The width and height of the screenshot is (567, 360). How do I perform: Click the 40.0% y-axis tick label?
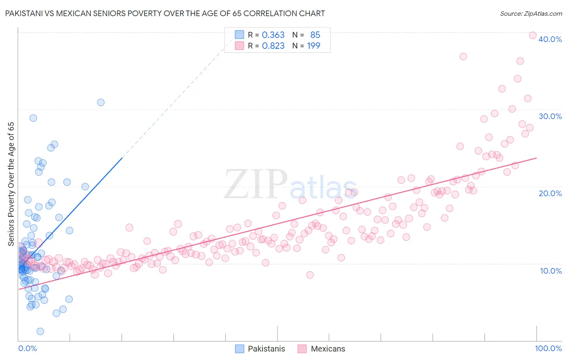[x=550, y=39]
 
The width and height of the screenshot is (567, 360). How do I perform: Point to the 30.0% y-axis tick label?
[x=550, y=116]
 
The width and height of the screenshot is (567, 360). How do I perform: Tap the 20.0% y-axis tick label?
[x=550, y=193]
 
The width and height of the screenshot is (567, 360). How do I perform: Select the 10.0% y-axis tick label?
[x=551, y=271]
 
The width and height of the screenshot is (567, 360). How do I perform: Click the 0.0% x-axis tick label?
[x=27, y=348]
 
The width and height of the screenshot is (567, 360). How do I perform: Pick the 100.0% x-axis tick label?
[x=548, y=348]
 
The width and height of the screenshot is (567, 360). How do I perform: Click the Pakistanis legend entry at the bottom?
[x=266, y=349]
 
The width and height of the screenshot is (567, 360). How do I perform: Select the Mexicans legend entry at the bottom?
[x=328, y=349]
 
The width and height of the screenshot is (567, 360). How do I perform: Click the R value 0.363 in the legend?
[x=273, y=35]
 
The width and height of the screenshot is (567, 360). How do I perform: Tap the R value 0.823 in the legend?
[x=273, y=46]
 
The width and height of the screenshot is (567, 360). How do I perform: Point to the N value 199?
[x=313, y=46]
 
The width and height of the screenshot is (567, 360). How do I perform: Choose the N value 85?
[x=315, y=35]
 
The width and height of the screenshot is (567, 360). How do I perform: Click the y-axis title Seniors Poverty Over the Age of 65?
[x=11, y=184]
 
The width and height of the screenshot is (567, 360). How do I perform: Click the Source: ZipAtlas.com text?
[x=531, y=14]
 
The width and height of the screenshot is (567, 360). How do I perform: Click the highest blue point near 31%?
[x=101, y=103]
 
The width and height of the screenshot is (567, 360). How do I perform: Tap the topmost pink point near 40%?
[x=532, y=36]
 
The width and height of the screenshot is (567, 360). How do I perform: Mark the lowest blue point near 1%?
[x=40, y=331]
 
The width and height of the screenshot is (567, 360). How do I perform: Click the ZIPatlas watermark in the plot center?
[x=290, y=185]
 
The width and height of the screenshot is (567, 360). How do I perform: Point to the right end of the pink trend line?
[x=536, y=158]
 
